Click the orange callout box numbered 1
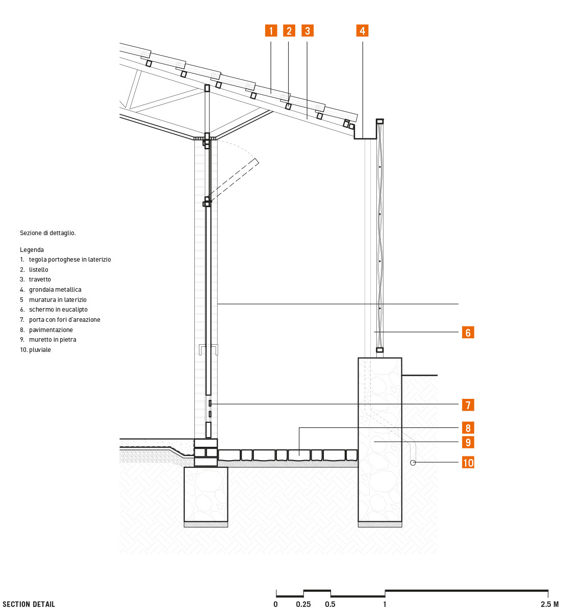[271, 31]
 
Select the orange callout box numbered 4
[362, 31]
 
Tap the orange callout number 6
[468, 333]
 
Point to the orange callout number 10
[468, 463]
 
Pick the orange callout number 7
[468, 405]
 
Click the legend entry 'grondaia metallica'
[55, 289]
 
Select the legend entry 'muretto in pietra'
[53, 340]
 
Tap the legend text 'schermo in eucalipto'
[58, 310]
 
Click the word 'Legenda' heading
[32, 250]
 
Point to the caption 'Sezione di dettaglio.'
[48, 233]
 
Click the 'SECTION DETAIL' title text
[29, 604]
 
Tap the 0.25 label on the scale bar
[303, 604]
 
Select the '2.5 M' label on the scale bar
[550, 604]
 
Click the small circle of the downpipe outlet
[413, 463]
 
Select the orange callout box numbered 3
[307, 31]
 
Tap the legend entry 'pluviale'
[40, 350]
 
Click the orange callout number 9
[468, 442]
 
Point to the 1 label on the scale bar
[385, 604]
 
